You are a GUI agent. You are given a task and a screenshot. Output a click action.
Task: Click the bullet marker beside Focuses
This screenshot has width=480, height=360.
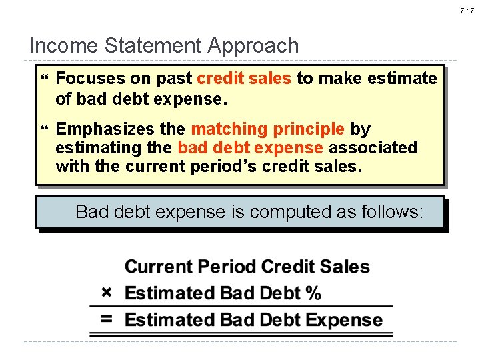pos(45,79)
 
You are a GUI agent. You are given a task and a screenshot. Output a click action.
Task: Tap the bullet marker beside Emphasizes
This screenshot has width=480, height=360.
pos(45,129)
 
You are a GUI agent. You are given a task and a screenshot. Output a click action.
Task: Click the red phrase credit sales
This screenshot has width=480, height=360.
pos(244,79)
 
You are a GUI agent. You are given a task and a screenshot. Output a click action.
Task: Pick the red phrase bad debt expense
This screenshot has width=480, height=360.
pos(250,147)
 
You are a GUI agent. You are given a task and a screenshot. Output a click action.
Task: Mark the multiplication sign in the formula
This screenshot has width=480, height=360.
pos(107,293)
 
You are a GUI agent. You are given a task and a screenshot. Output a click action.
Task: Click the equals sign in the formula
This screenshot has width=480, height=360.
pos(107,319)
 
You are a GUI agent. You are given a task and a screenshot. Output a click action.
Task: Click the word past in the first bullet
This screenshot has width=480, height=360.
pos(174,79)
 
